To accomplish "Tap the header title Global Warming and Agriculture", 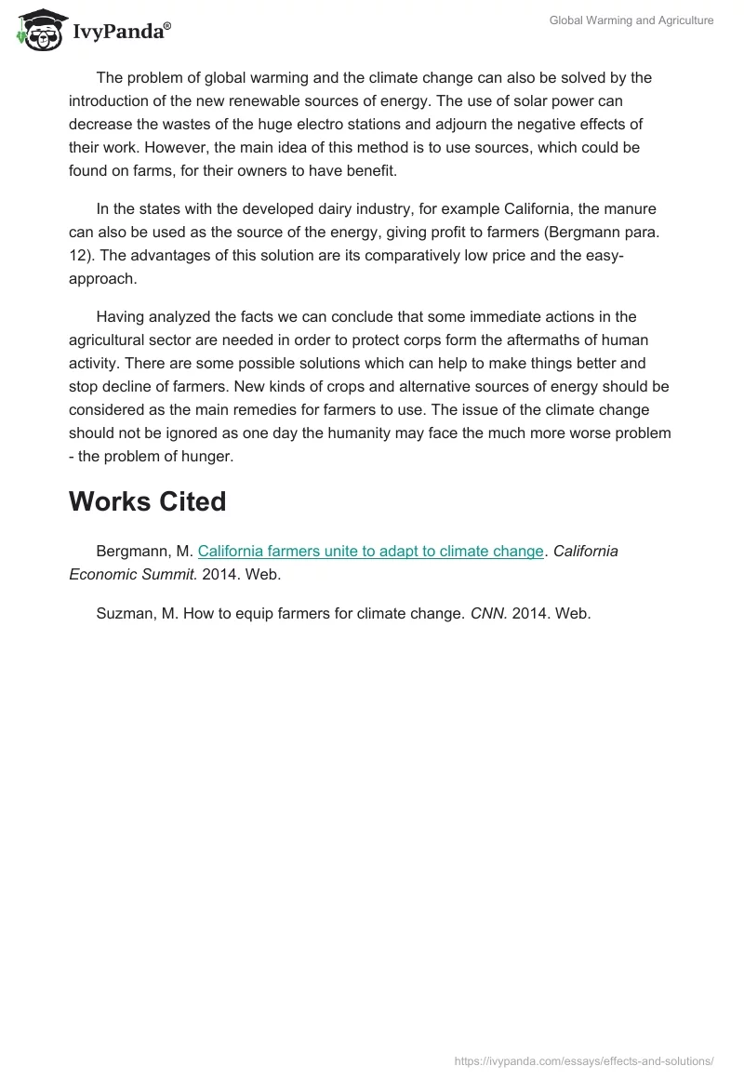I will [631, 20].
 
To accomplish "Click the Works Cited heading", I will [147, 501].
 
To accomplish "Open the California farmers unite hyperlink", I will [370, 551].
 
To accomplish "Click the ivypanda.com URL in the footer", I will [584, 1059].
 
